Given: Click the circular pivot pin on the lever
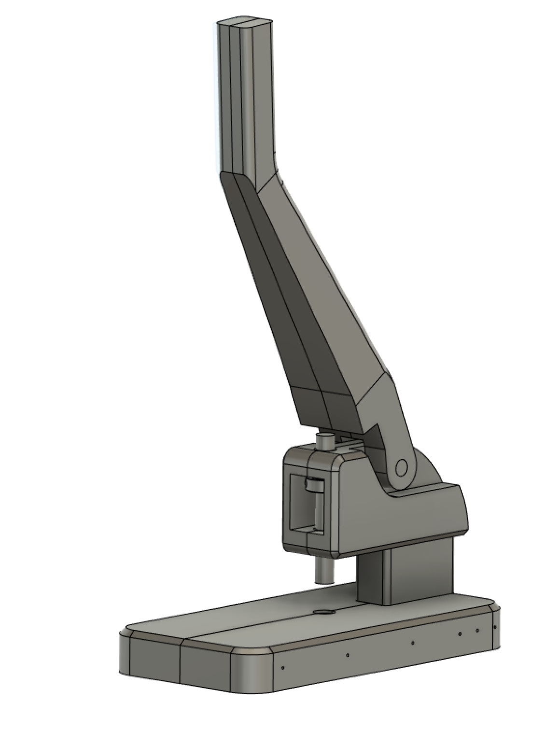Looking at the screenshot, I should pyautogui.click(x=401, y=467).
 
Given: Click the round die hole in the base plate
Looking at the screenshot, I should pyautogui.click(x=324, y=612).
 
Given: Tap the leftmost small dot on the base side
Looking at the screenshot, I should pyautogui.click(x=283, y=668).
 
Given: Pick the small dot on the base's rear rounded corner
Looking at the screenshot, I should pyautogui.click(x=495, y=627).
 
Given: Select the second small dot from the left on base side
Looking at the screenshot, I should pyautogui.click(x=348, y=655).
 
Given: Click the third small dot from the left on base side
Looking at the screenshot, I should pyautogui.click(x=413, y=643).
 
